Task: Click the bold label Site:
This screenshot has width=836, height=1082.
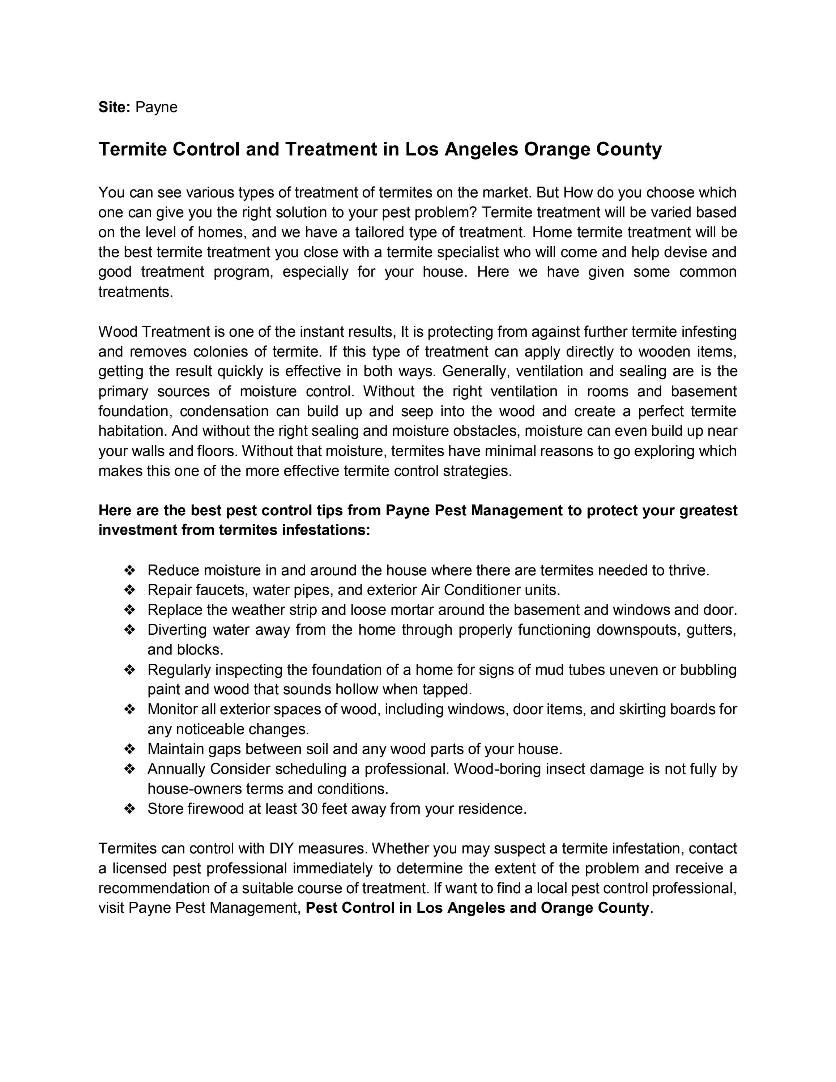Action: (114, 107)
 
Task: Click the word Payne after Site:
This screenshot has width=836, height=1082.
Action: (157, 107)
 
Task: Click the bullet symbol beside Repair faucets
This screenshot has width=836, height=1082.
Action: (130, 590)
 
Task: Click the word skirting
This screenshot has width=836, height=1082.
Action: (642, 710)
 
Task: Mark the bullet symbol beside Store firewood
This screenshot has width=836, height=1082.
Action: (130, 809)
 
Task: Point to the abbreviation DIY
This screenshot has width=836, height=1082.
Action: (281, 849)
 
